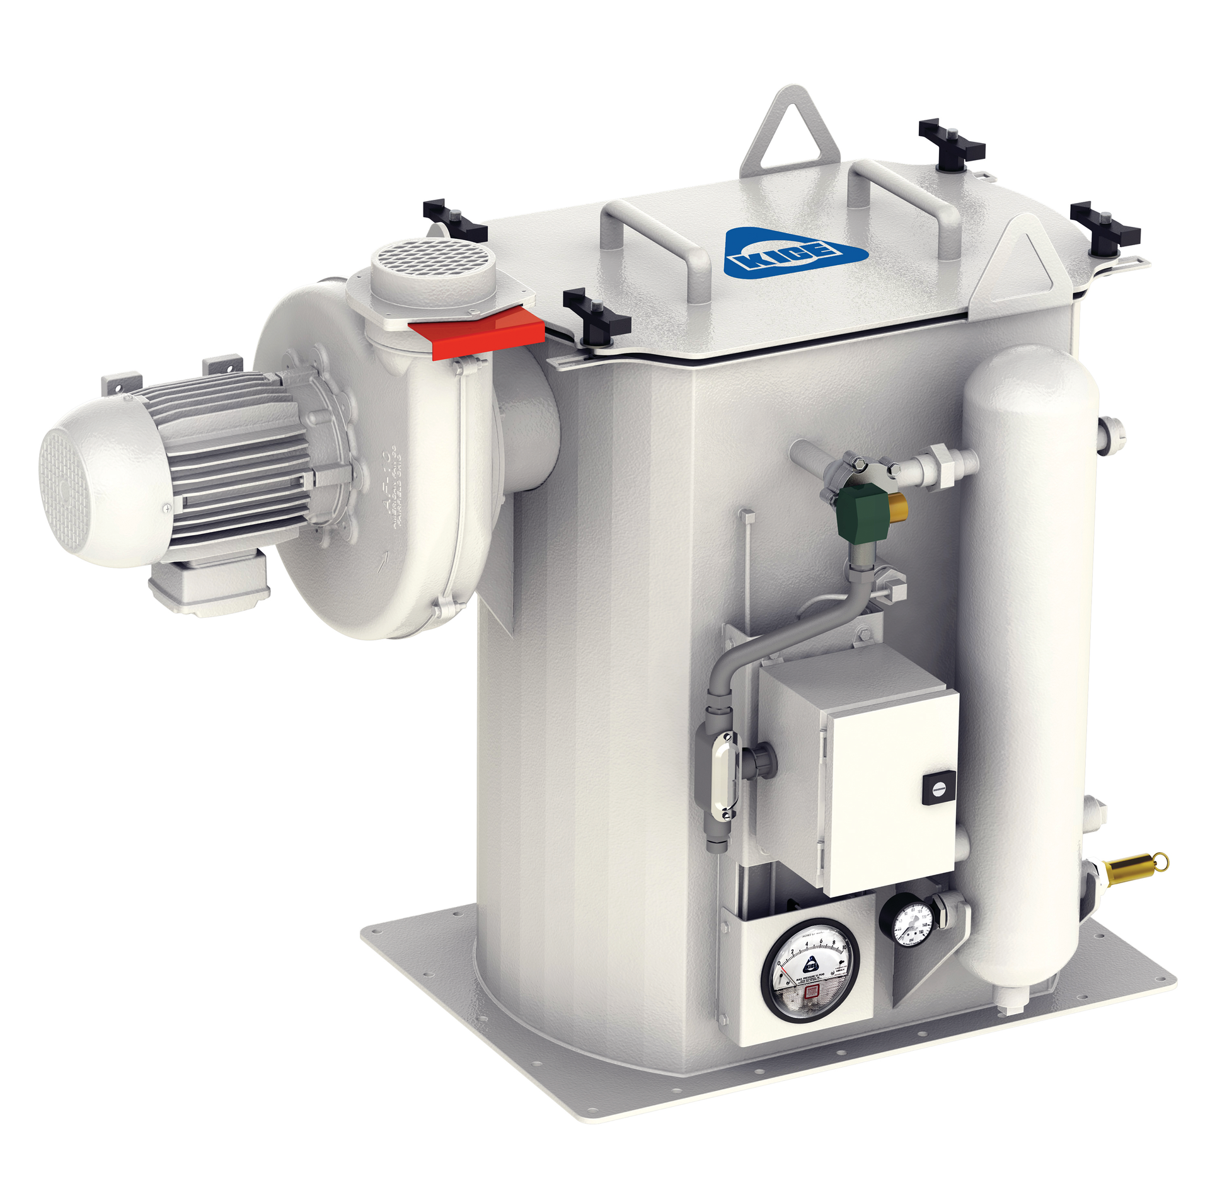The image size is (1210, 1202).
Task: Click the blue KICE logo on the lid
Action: tap(795, 252)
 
